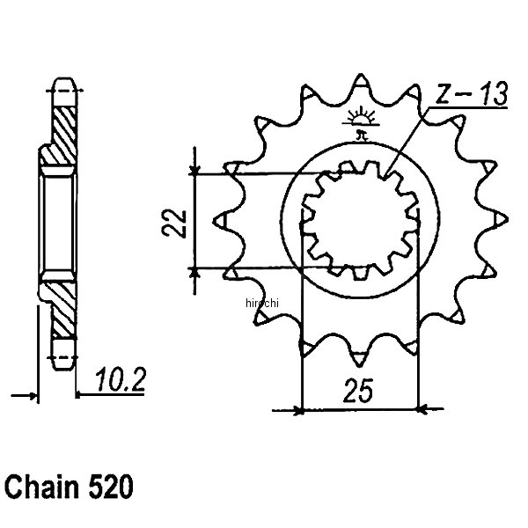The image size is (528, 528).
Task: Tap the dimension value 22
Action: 176,220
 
